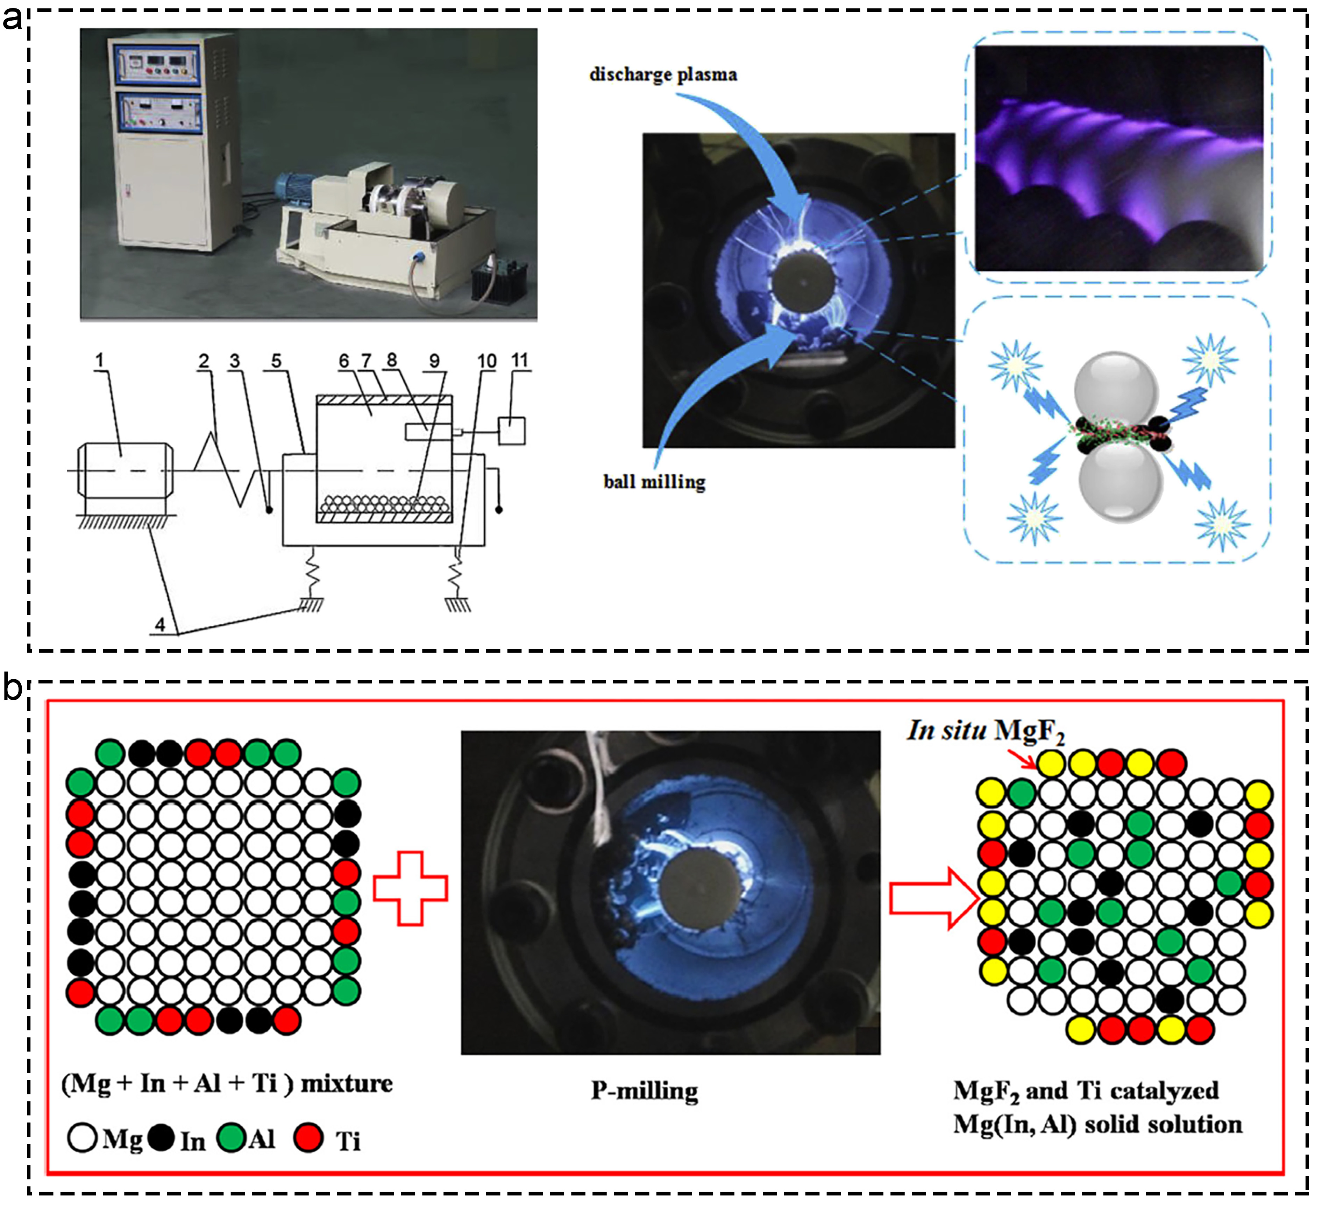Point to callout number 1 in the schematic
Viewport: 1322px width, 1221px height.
pyautogui.click(x=100, y=360)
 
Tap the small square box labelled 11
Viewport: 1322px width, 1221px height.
pyautogui.click(x=512, y=431)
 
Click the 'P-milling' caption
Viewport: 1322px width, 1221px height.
pyautogui.click(x=644, y=1091)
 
